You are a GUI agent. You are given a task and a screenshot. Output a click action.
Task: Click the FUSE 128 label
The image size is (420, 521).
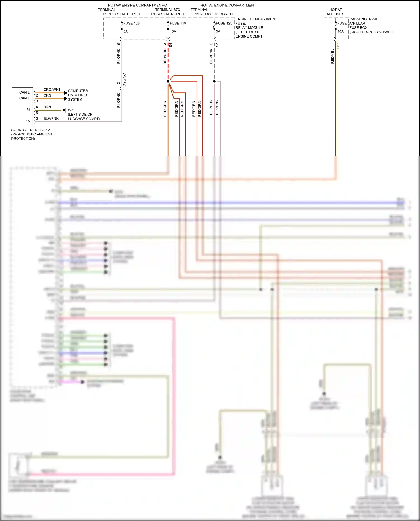click(131, 23)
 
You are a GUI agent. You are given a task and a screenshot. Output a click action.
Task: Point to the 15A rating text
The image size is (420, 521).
click(173, 31)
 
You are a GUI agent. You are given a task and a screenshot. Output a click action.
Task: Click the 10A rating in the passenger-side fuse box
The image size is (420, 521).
click(340, 31)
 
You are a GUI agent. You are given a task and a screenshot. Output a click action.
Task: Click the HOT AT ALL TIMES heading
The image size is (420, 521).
click(335, 12)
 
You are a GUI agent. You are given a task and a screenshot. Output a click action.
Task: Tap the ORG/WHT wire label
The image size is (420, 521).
click(52, 90)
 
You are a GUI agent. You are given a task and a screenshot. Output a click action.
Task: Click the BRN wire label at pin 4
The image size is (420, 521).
click(47, 107)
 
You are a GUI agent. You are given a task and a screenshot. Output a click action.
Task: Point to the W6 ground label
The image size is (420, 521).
click(71, 110)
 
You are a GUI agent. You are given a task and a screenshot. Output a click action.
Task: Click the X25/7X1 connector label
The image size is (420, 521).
click(124, 79)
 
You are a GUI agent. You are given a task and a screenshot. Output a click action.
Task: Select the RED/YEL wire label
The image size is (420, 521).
click(333, 56)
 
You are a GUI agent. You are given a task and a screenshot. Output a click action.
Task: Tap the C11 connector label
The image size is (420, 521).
click(338, 46)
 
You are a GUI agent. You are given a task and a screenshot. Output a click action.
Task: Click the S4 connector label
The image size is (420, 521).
click(171, 45)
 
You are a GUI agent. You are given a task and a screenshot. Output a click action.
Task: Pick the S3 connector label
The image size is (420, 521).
click(217, 45)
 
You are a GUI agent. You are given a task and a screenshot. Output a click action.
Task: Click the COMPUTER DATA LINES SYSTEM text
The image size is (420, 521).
click(78, 95)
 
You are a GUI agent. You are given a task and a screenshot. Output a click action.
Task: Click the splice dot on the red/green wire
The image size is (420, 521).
click(168, 81)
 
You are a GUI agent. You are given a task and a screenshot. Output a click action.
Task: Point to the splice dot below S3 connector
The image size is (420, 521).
click(214, 81)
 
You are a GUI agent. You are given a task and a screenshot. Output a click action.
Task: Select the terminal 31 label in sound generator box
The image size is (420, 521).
click(28, 110)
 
